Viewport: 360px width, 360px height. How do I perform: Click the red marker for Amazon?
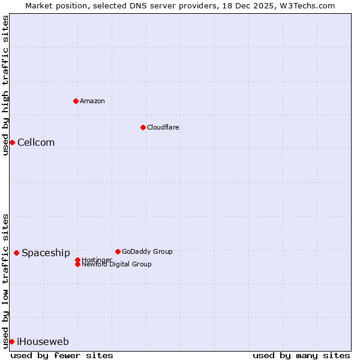(x=76, y=101)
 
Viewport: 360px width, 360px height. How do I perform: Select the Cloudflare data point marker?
(x=143, y=127)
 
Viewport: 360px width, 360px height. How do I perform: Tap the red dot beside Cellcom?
(x=12, y=142)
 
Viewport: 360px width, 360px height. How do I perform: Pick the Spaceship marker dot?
(x=16, y=253)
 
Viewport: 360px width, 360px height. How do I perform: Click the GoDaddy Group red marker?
(x=118, y=251)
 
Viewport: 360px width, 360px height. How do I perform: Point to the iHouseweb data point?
(x=11, y=341)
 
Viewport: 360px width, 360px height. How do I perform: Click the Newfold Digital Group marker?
(x=77, y=264)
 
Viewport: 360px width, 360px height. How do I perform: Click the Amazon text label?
(x=92, y=101)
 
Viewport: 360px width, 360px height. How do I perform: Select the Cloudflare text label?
(x=163, y=127)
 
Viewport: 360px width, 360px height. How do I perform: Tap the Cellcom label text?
(x=36, y=142)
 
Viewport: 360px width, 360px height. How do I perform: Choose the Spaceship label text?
(x=46, y=253)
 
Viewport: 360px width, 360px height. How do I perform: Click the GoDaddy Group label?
(x=147, y=251)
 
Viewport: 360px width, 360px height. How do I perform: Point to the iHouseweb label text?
(x=43, y=341)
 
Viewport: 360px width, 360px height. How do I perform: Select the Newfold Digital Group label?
(x=116, y=264)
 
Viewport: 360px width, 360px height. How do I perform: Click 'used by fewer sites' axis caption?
(x=62, y=355)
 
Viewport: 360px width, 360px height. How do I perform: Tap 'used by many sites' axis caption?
(x=301, y=355)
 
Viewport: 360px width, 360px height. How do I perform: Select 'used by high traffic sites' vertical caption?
(x=5, y=85)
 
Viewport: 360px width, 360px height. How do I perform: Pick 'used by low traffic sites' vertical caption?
(x=5, y=280)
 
